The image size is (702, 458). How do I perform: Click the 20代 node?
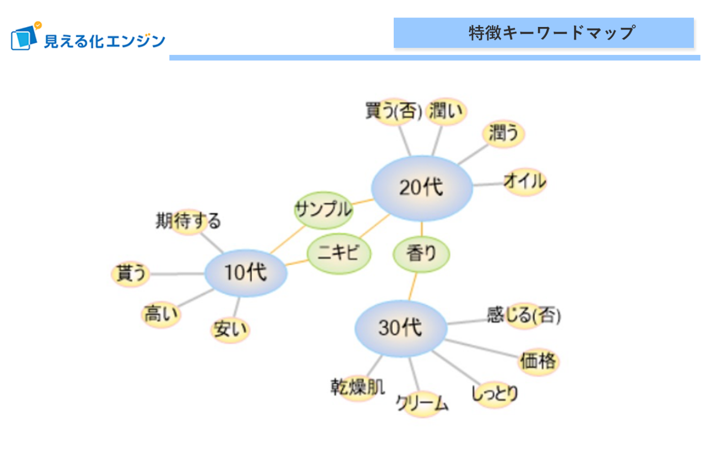[x=422, y=188]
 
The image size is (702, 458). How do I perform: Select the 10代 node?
[x=246, y=273]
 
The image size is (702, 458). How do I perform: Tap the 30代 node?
[x=400, y=328]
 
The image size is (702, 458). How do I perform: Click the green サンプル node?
[x=323, y=209]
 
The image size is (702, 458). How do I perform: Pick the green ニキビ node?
[x=338, y=253]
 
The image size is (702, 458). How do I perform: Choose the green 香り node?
[x=421, y=253]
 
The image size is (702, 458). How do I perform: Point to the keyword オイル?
[x=524, y=181]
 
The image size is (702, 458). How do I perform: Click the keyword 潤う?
[x=503, y=133]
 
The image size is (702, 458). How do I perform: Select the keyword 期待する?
[x=188, y=221]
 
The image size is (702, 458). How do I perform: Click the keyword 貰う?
[x=131, y=273]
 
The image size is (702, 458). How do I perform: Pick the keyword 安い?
[x=230, y=329]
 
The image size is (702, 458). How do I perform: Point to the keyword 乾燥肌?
[x=358, y=387]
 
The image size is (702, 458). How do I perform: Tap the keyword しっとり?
[x=494, y=393]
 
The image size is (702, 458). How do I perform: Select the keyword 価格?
[x=538, y=361]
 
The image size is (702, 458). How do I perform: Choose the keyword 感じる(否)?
[x=523, y=315]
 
